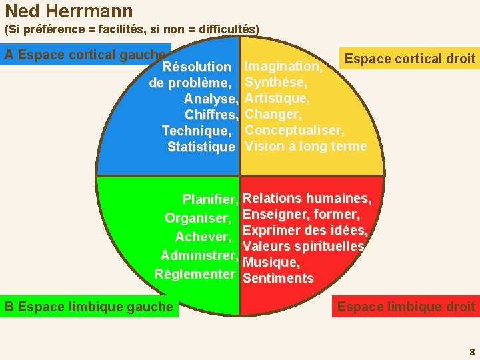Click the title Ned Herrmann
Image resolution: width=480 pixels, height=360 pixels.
[69, 11]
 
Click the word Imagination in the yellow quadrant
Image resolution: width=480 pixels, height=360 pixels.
[283, 66]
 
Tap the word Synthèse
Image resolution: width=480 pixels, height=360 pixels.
[275, 82]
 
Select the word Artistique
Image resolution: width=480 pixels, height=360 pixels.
[277, 98]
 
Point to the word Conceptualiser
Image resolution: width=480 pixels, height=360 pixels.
[294, 130]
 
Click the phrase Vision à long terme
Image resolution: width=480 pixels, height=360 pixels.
[306, 146]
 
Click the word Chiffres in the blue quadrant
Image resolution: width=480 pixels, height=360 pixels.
[209, 115]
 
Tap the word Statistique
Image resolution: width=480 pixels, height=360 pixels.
[201, 147]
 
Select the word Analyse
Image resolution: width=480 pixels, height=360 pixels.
[209, 99]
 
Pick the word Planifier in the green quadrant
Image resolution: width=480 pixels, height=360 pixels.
[209, 199]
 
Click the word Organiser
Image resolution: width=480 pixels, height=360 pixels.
[197, 218]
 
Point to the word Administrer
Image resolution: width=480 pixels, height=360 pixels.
[198, 255]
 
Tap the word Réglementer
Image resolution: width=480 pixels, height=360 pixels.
[194, 274]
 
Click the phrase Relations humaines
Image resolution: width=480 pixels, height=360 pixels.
[306, 198]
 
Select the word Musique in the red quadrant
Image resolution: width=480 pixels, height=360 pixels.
[271, 263]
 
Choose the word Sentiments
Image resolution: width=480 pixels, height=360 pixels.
[278, 279]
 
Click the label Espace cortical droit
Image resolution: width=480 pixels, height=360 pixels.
[410, 59]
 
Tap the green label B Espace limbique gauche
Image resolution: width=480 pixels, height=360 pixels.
[89, 307]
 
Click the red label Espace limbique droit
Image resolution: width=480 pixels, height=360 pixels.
[406, 307]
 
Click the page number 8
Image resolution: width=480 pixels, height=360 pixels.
[472, 351]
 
